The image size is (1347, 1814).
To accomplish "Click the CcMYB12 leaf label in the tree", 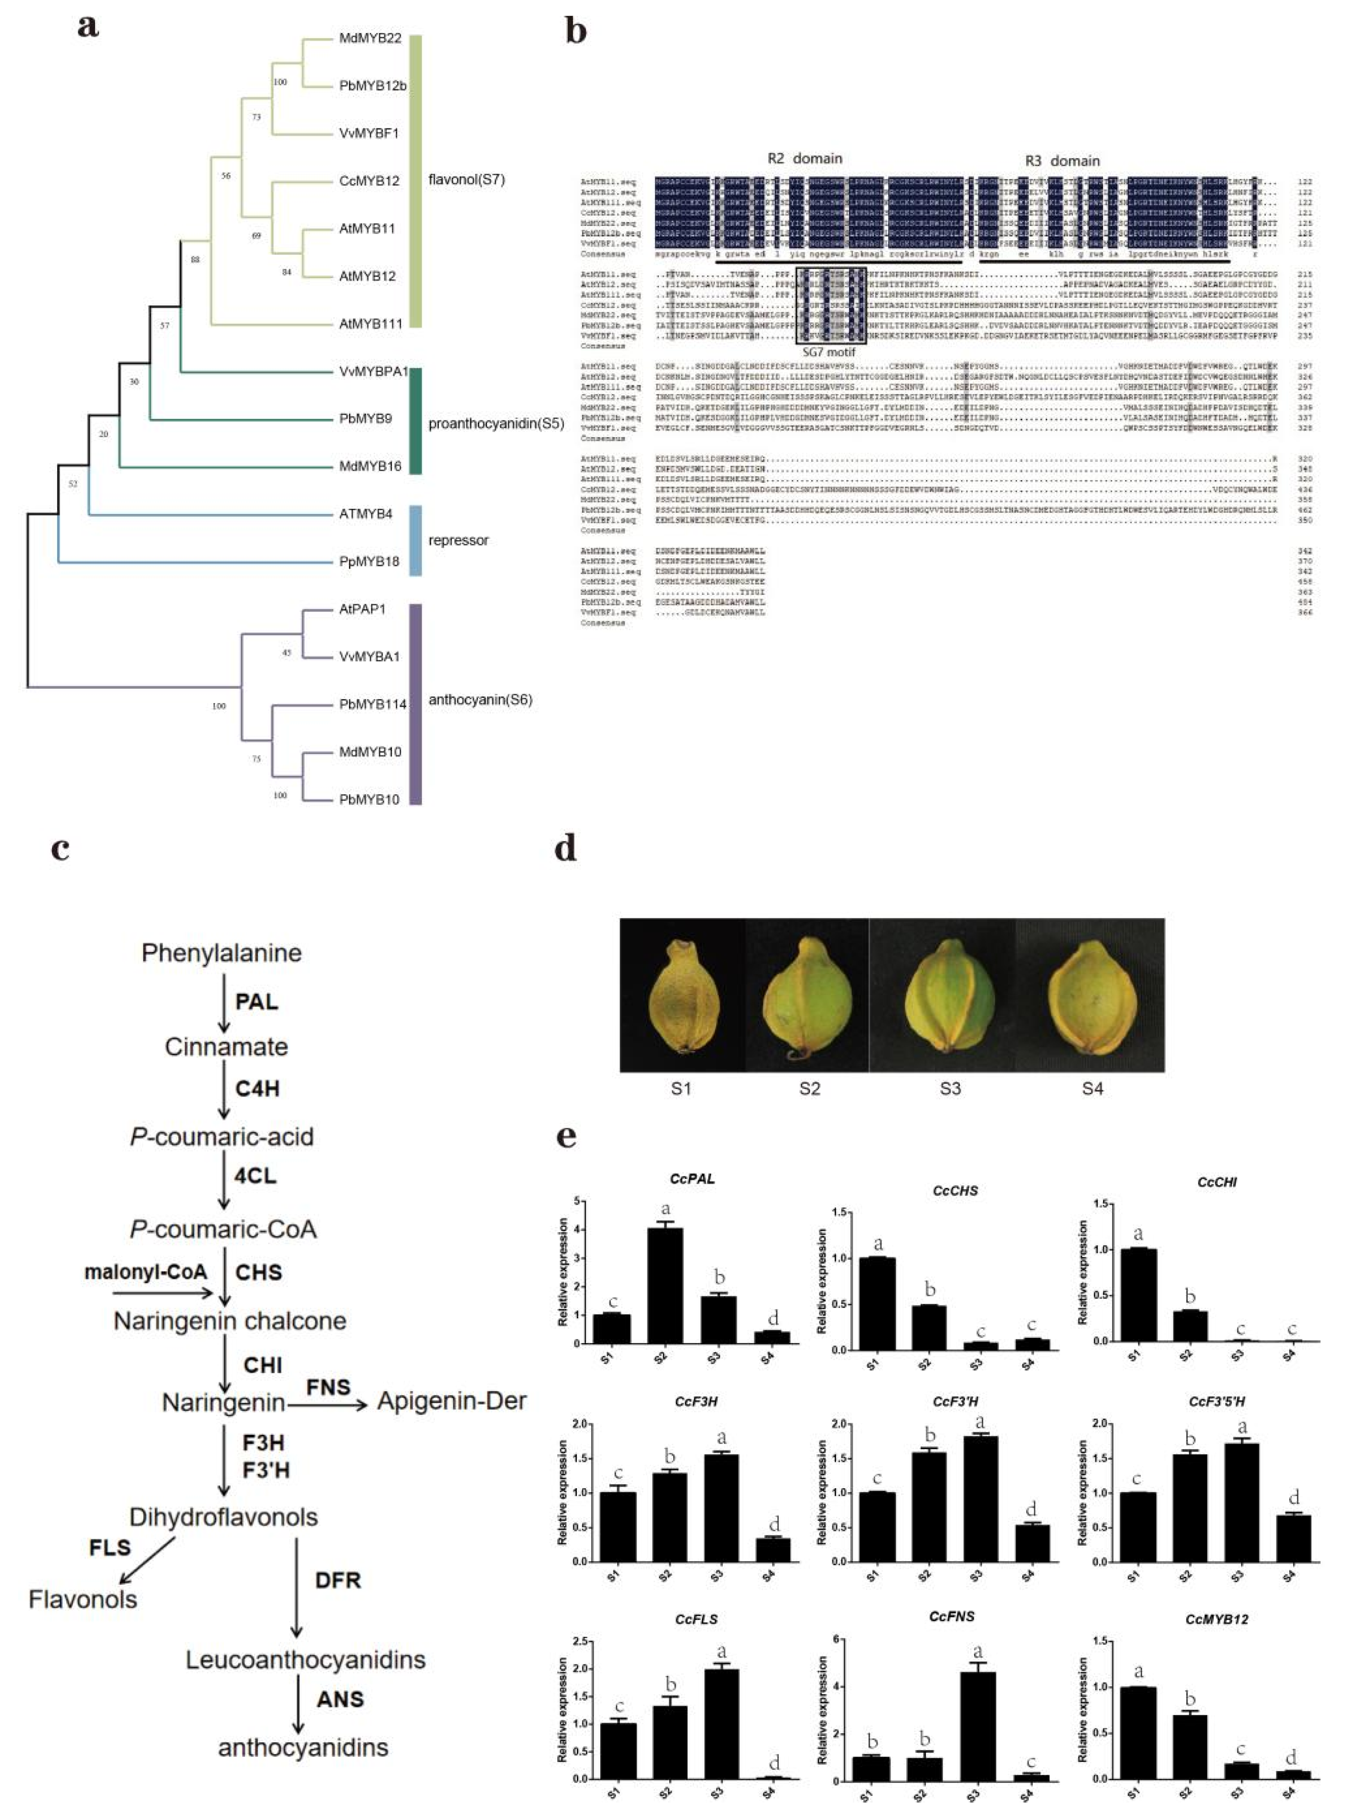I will pos(369,180).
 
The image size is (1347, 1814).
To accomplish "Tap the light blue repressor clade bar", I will pos(415,540).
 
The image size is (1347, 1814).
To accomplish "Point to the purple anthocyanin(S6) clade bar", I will pos(415,704).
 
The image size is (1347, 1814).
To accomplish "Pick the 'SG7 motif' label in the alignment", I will pos(829,352).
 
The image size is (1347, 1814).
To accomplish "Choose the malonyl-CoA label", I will pos(146,1272).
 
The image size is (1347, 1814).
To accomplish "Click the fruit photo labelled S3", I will pos(949,994).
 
